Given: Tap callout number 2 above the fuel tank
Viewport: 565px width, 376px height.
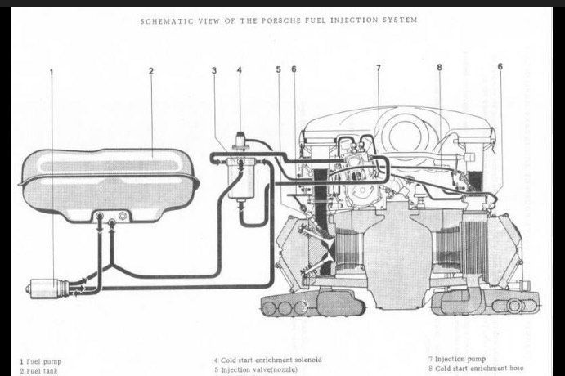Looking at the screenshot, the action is pos(151,71).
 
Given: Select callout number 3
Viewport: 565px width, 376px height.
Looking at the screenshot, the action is pos(214,71).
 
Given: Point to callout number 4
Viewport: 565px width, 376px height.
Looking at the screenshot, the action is pos(240,70).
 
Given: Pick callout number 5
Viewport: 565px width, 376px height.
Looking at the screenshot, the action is pos(278,69).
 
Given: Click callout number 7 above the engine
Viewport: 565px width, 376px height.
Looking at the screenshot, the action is pos(379,67).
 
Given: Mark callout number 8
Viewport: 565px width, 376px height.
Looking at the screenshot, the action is pos(439,67).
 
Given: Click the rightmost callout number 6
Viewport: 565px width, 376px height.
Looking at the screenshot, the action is pos(499,66).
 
